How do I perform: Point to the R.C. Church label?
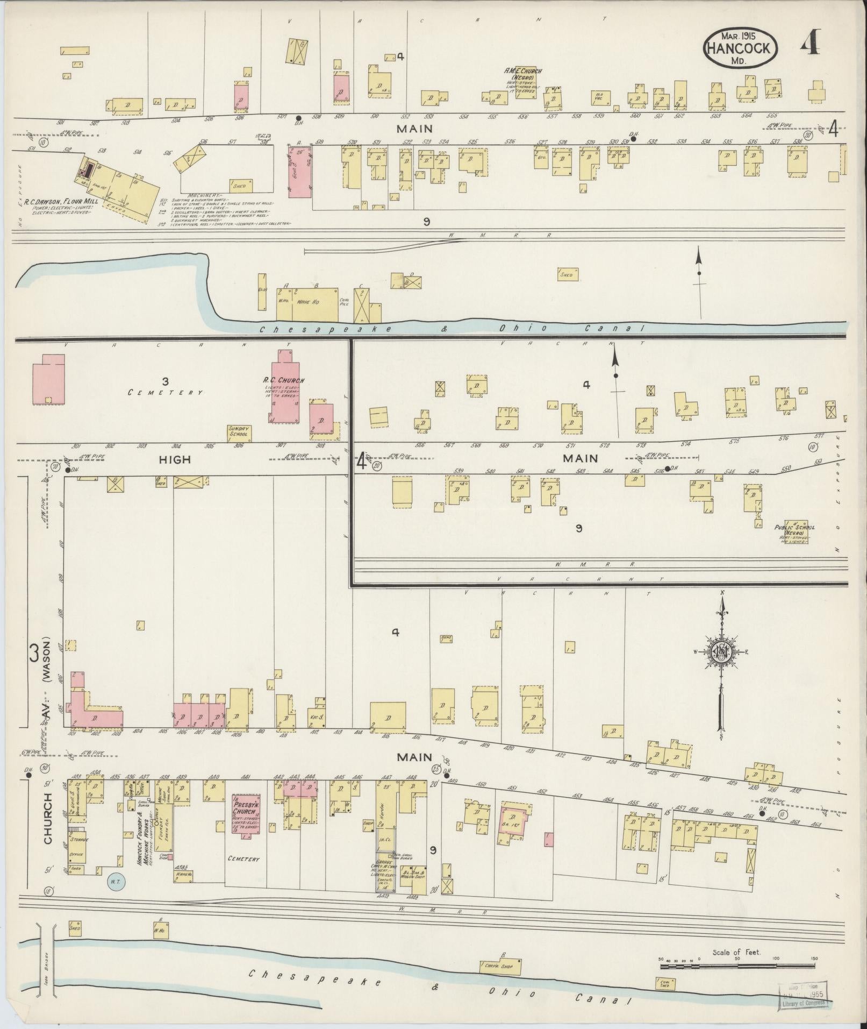(x=283, y=380)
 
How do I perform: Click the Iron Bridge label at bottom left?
(x=47, y=967)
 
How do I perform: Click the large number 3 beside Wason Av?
(x=34, y=654)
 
